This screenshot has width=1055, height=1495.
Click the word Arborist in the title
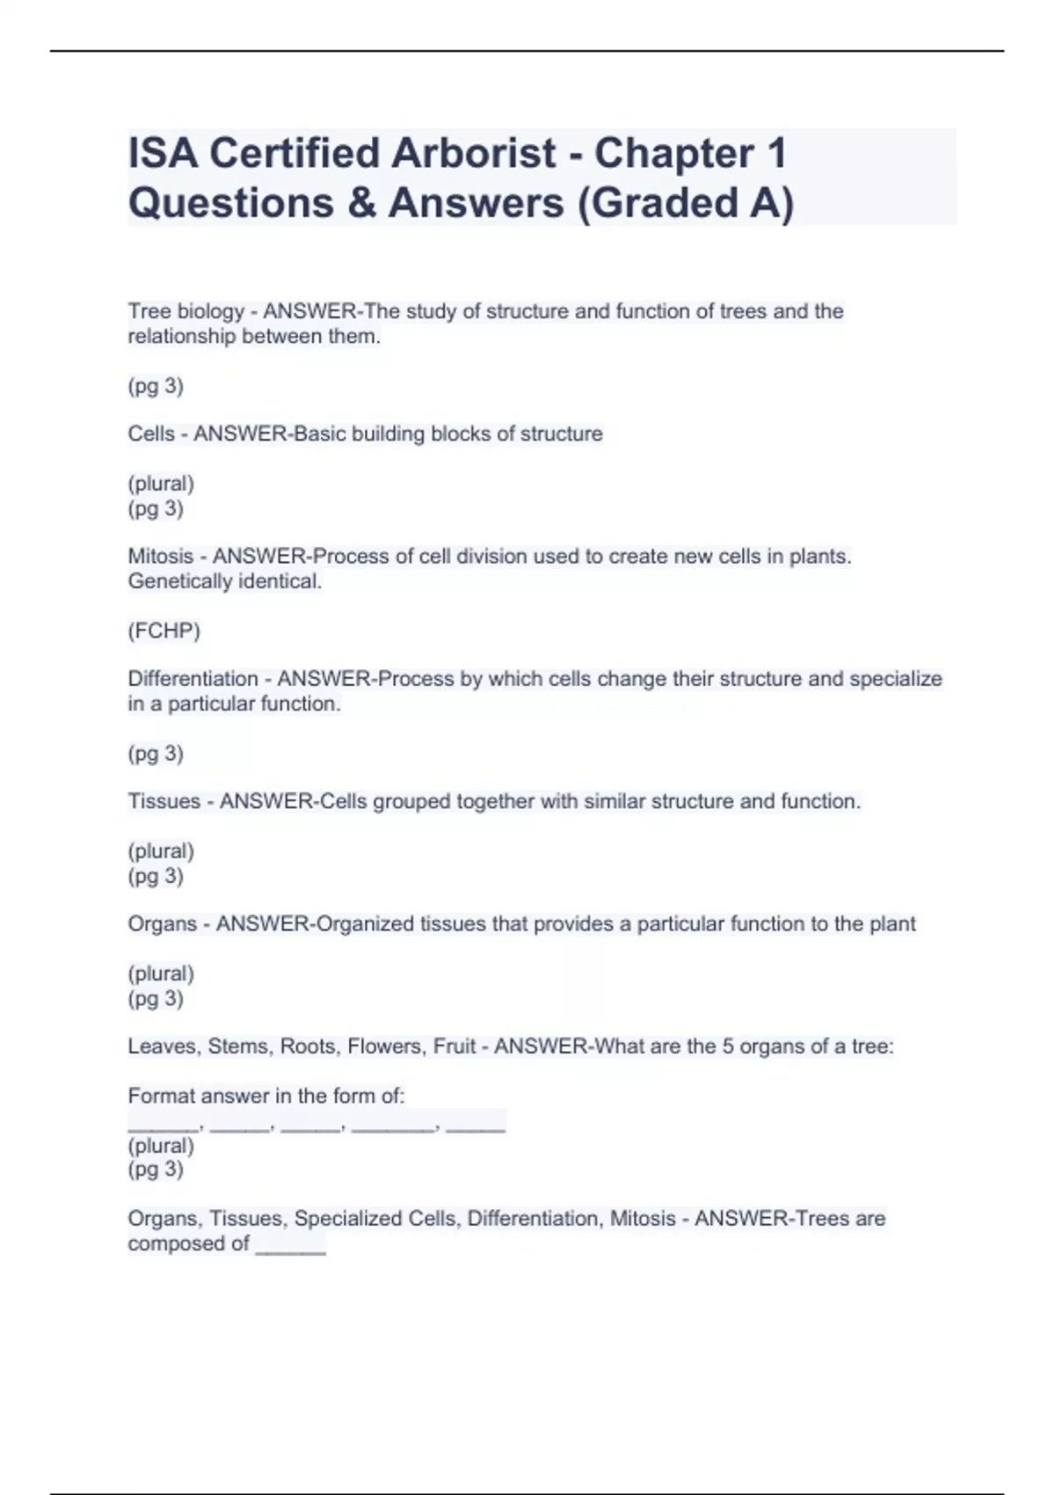pos(473,153)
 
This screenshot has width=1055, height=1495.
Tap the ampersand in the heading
pos(360,203)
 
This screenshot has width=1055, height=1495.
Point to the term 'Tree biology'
pos(186,311)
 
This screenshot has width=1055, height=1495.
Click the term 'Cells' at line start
pos(151,434)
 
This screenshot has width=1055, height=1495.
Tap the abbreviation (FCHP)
pos(164,631)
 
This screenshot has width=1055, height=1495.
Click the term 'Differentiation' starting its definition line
pos(193,679)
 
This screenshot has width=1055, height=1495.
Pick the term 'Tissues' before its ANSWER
pos(164,801)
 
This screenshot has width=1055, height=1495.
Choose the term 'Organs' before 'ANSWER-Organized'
pos(162,923)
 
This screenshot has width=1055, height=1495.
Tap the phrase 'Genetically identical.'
pos(224,581)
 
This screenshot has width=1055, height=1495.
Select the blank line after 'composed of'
pos(290,1247)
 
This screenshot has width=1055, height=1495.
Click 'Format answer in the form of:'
pos(266,1096)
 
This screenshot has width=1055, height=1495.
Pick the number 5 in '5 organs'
pos(728,1046)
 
